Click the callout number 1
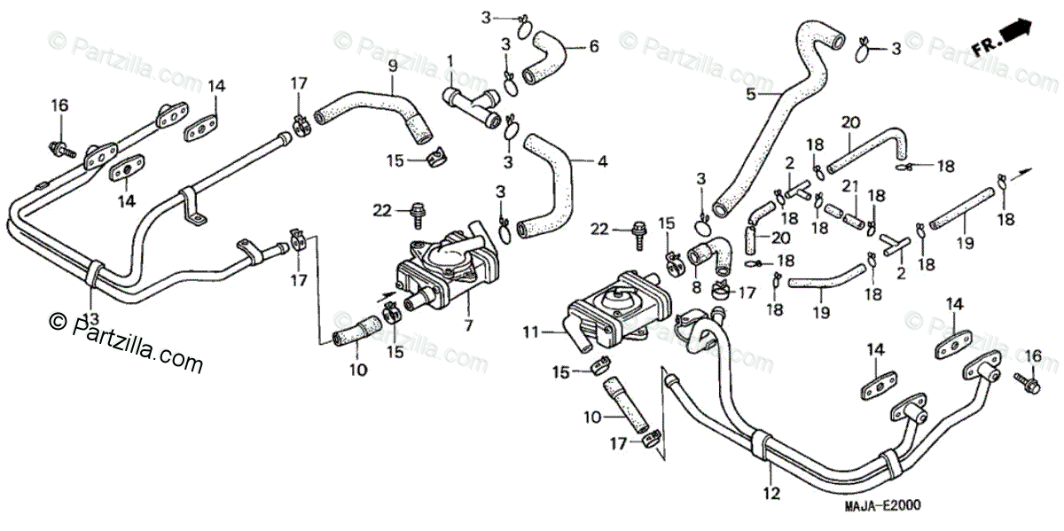coord(450,60)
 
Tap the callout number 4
coord(602,162)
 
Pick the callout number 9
coord(393,65)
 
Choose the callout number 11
coord(531,333)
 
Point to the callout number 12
coord(772,494)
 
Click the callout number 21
coord(850,185)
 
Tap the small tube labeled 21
coord(844,215)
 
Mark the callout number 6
coord(594,45)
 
